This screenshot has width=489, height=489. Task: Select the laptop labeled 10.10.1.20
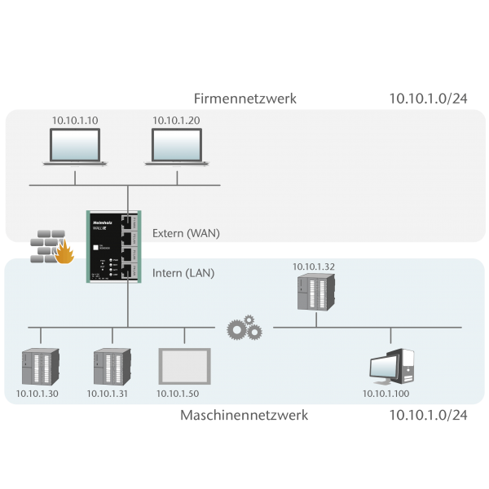pyautogui.click(x=180, y=147)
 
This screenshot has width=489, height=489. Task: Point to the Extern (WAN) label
pyautogui.click(x=186, y=233)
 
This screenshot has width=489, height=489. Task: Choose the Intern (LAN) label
pyautogui.click(x=183, y=273)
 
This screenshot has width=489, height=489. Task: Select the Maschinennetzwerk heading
pyautogui.click(x=244, y=416)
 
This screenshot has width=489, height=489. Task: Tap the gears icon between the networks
pyautogui.click(x=244, y=329)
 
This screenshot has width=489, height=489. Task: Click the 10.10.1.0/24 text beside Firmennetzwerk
pyautogui.click(x=427, y=99)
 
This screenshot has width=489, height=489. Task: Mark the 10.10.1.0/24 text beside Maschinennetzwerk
pyautogui.click(x=427, y=416)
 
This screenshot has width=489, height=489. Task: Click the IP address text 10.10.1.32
pyautogui.click(x=313, y=267)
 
